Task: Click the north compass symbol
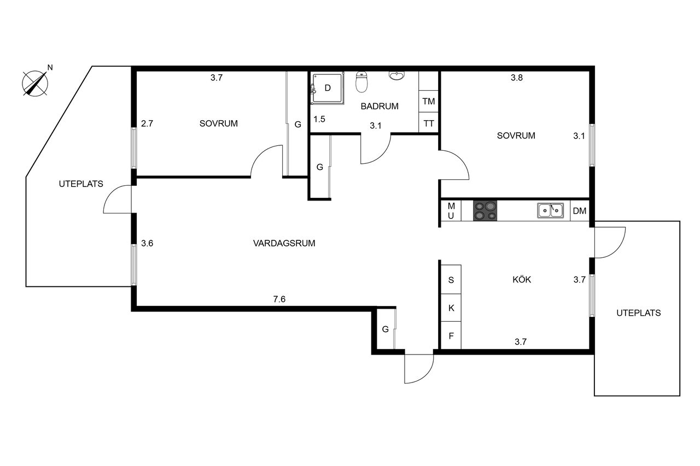[x=34, y=83]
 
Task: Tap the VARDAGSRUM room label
[x=284, y=244]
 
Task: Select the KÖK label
[x=522, y=280]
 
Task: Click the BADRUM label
[x=380, y=107]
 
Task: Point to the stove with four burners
[x=485, y=211]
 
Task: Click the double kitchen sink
[x=551, y=210]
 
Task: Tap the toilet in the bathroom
[x=361, y=82]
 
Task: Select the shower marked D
[x=327, y=87]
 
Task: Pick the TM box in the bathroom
[x=429, y=102]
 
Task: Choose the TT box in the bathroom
[x=429, y=123]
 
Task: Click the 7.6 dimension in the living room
[x=279, y=299]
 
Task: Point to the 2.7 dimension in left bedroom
[x=147, y=123]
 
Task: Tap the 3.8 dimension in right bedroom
[x=517, y=78]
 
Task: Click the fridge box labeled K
[x=451, y=308]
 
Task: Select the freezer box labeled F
[x=451, y=335]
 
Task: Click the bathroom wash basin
[x=396, y=75]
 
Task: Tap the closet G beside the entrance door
[x=385, y=329]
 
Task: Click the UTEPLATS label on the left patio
[x=81, y=184]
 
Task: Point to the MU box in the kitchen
[x=451, y=210]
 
